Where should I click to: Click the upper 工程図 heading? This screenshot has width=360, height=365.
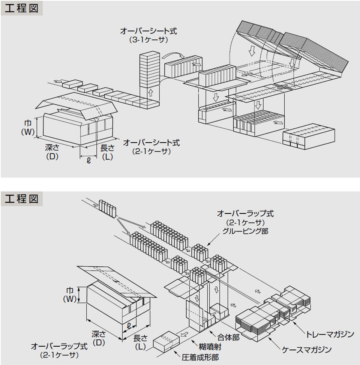[22, 8]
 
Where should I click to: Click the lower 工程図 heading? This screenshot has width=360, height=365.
[22, 198]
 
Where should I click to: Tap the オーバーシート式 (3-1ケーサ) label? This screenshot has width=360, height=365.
[148, 35]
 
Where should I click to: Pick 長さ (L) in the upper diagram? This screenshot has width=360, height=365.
[107, 152]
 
